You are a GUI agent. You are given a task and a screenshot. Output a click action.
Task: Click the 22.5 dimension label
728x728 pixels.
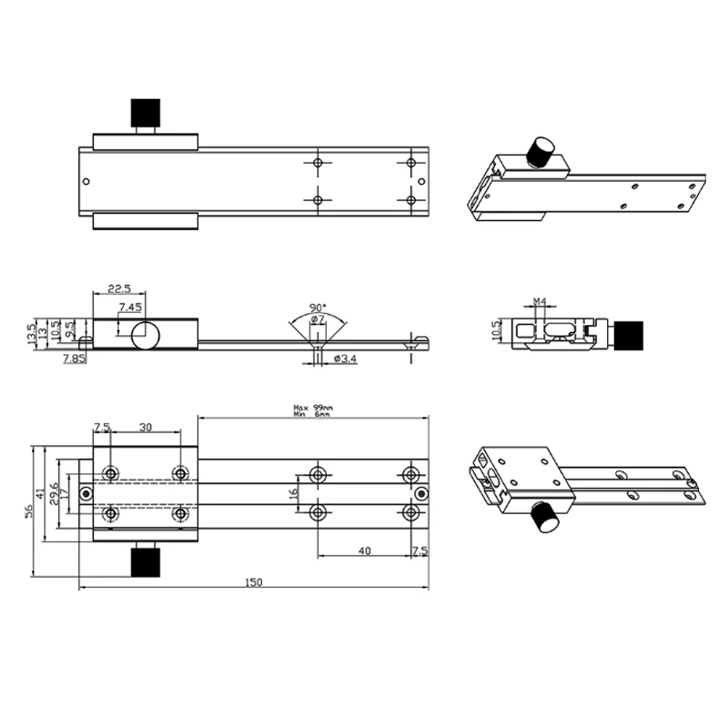click(120, 288)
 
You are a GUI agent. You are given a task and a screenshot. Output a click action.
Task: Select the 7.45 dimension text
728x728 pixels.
click(129, 307)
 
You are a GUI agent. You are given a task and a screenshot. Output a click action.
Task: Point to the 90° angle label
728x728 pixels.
click(318, 307)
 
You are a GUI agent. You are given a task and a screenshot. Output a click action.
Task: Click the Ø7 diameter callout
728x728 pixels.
click(318, 319)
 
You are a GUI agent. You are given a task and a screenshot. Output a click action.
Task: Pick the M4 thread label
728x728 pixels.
click(539, 300)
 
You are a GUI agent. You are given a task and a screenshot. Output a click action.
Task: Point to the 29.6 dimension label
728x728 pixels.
click(55, 492)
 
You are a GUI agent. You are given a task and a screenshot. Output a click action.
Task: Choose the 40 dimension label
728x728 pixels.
click(364, 551)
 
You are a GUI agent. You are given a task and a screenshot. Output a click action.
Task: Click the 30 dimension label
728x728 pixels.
click(146, 427)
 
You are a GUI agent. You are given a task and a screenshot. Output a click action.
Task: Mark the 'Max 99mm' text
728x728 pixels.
click(313, 408)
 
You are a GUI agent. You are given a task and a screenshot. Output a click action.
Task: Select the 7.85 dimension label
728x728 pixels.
click(75, 359)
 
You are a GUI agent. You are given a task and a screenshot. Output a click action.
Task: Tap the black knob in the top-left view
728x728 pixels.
click(145, 112)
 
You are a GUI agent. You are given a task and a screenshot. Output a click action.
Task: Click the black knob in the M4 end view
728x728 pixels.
click(632, 336)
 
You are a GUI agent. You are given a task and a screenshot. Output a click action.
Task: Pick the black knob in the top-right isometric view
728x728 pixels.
click(542, 151)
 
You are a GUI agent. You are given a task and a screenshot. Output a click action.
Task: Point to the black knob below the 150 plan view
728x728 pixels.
click(145, 561)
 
